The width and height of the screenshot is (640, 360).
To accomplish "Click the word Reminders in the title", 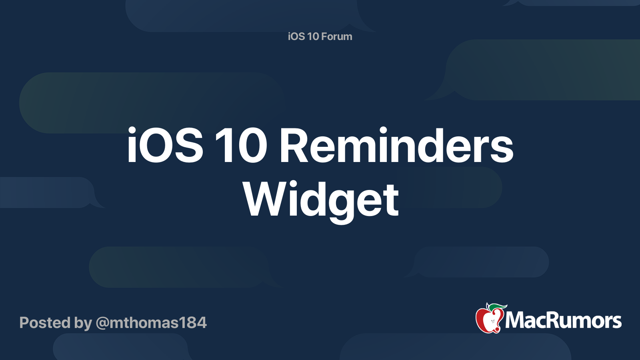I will coord(396,146).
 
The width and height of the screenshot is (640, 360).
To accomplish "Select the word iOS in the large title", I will coord(165,146).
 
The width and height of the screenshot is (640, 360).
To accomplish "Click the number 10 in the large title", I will coord(241,146).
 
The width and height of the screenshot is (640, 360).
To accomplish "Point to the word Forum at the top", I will coord(337,36).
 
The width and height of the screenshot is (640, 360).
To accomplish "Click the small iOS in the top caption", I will coord(296,36).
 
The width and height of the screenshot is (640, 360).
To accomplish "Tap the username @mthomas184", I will coord(151,323).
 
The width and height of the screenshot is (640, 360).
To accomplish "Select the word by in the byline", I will coord(83,323).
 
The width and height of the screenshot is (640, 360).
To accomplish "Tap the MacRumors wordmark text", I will coord(563,321).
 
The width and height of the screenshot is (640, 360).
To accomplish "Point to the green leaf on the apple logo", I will coord(496,307).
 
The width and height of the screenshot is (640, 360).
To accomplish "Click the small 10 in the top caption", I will coord(313,36).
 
